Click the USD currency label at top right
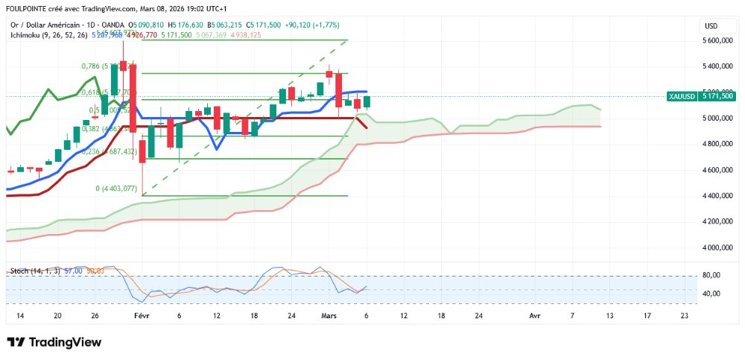[711, 26]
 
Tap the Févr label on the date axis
[142, 316]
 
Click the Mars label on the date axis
[329, 316]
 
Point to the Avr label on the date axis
[534, 316]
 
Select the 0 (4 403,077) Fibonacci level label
[116, 189]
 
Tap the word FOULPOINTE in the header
[27, 9]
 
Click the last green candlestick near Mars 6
[367, 102]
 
